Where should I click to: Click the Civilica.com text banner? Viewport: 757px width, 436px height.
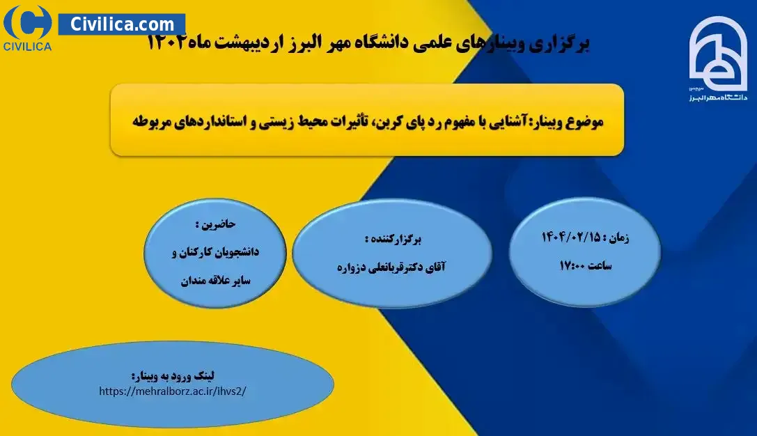pyautogui.click(x=122, y=24)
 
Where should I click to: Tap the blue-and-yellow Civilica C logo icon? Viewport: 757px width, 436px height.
pyautogui.click(x=28, y=22)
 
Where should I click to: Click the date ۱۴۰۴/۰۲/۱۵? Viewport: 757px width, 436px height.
pyautogui.click(x=570, y=237)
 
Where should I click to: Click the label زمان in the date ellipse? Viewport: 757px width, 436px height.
pyautogui.click(x=618, y=238)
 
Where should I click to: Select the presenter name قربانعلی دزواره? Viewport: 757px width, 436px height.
pyautogui.click(x=373, y=267)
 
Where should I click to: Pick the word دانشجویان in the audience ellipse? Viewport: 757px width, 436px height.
pyautogui.click(x=235, y=251)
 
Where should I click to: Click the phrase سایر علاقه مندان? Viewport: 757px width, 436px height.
pyautogui.click(x=216, y=281)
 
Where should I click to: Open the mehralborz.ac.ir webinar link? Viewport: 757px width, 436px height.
pyautogui.click(x=172, y=391)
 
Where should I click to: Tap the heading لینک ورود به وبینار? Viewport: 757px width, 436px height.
pyautogui.click(x=172, y=376)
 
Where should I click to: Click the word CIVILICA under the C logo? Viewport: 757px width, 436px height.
pyautogui.click(x=28, y=47)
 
